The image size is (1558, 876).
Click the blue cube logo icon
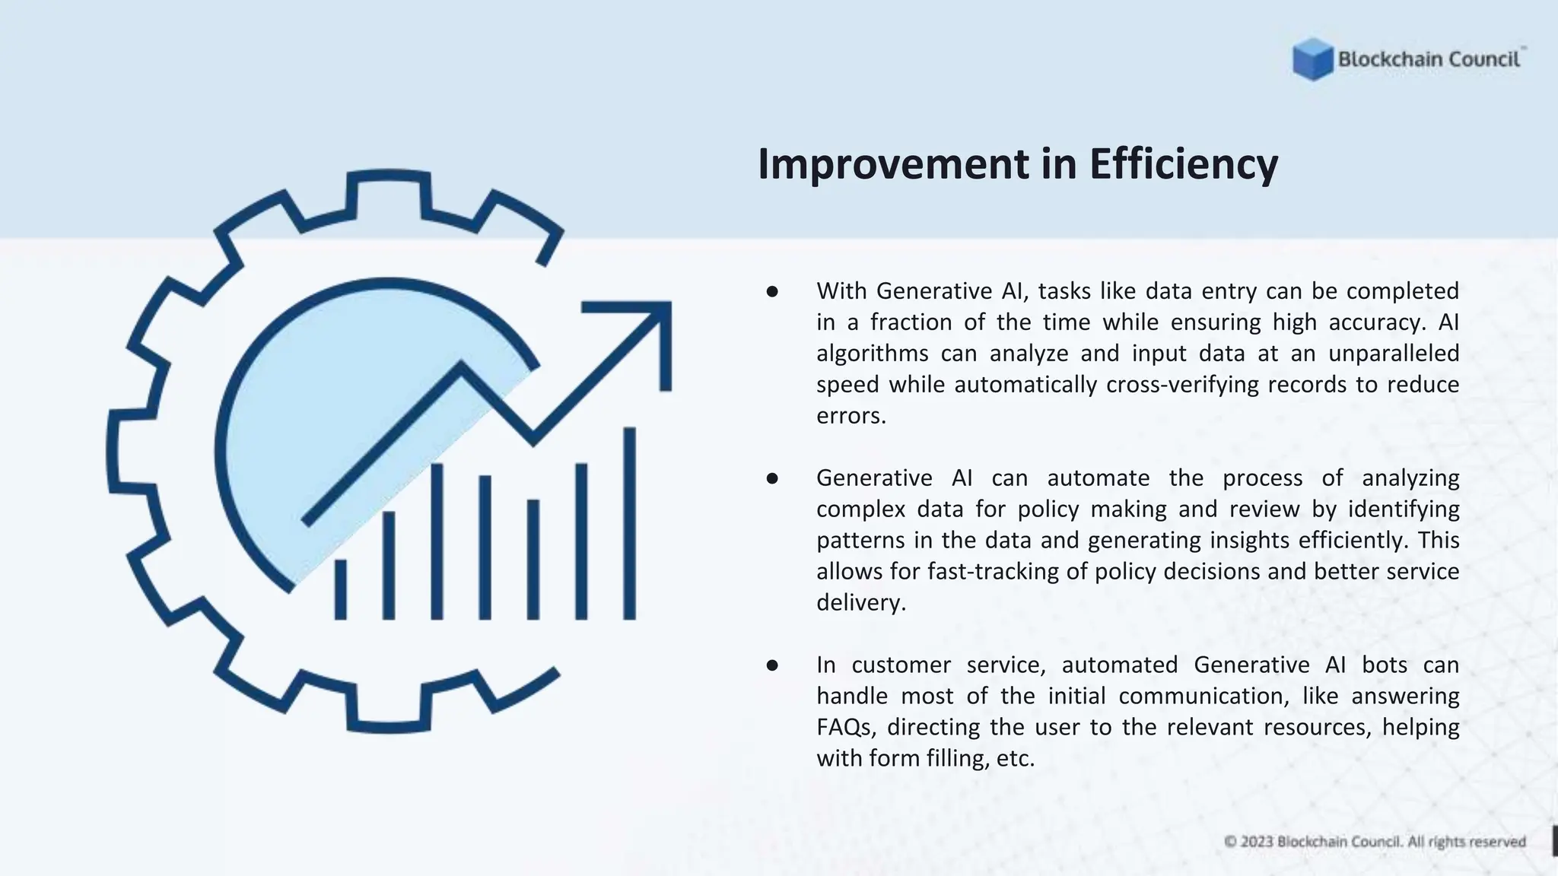click(x=1312, y=59)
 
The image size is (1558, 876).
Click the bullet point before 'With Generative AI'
click(x=772, y=291)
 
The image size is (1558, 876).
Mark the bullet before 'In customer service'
click(x=772, y=665)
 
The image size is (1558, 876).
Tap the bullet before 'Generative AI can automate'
click(x=772, y=478)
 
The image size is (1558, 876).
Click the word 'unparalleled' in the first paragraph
click(x=1394, y=354)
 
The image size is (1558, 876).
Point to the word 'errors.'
click(x=851, y=416)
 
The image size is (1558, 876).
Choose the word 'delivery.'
click(x=860, y=603)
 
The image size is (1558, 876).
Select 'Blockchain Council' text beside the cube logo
click(x=1429, y=59)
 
